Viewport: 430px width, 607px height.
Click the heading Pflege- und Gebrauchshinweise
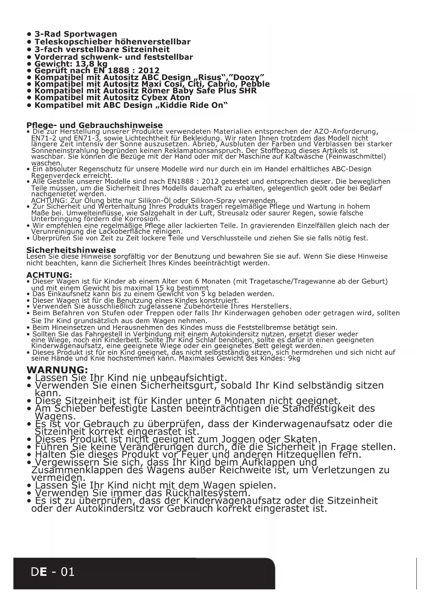tap(94, 125)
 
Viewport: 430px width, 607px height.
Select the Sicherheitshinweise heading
tap(71, 250)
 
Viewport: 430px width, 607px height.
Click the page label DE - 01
tap(52, 571)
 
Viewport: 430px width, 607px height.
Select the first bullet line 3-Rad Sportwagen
tap(76, 34)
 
